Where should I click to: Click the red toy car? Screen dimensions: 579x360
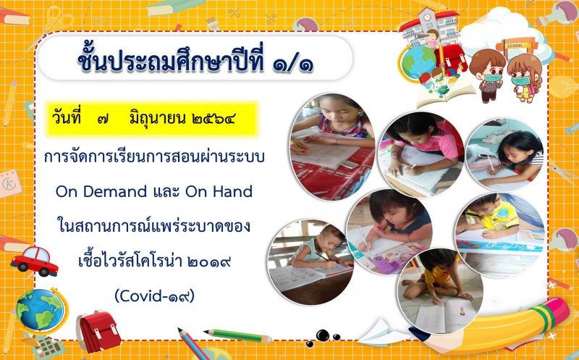tap(34, 261)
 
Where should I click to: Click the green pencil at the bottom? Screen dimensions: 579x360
tap(238, 335)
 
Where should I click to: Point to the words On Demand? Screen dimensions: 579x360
tap(101, 191)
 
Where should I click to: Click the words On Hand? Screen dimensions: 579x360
tap(219, 191)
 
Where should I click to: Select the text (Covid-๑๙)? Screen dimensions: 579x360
tap(154, 296)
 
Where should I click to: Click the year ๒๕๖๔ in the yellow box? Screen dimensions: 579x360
tap(214, 119)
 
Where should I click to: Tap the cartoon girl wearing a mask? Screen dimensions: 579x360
tap(524, 78)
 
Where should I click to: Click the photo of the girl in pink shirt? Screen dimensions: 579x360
tap(421, 154)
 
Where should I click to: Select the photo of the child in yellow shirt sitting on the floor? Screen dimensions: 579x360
tap(440, 290)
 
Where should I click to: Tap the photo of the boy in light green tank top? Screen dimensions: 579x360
tap(310, 261)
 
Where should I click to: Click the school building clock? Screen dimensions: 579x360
tap(427, 17)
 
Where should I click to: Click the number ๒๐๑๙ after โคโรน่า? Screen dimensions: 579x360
tap(209, 261)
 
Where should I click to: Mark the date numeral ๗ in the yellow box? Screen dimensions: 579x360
tap(103, 120)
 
